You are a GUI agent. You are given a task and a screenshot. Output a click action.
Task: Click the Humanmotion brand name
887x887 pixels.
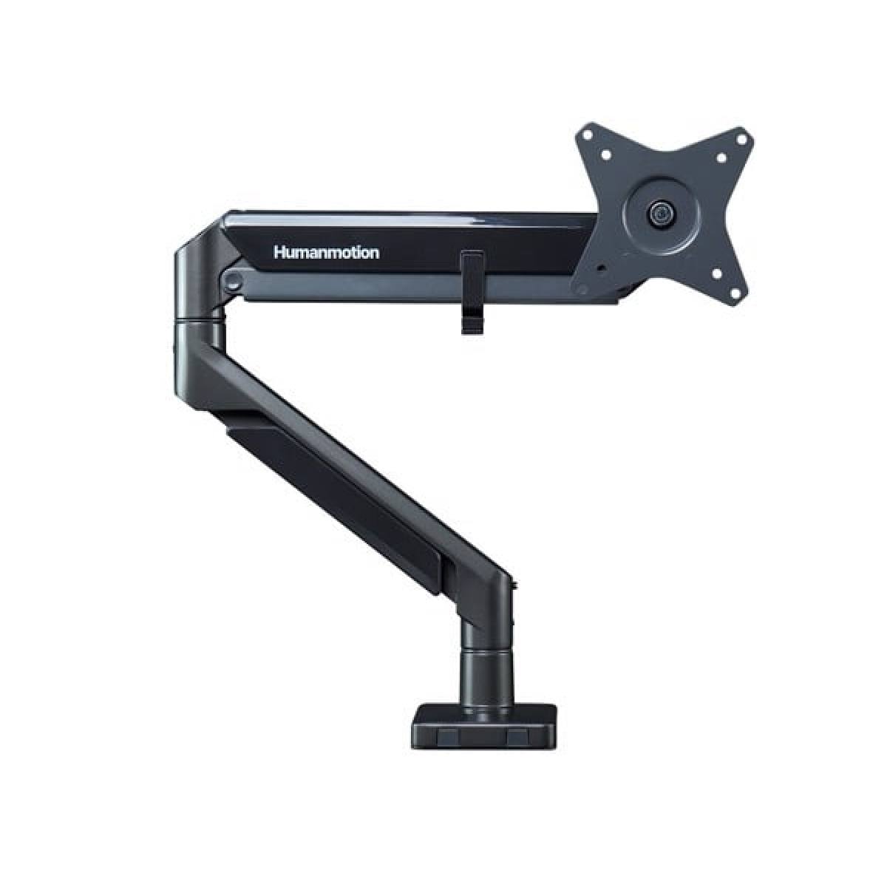click(x=326, y=253)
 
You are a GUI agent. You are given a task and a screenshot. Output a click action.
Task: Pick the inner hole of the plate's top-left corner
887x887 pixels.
click(x=607, y=156)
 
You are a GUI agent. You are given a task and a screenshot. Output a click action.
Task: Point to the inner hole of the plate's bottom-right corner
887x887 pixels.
click(x=716, y=274)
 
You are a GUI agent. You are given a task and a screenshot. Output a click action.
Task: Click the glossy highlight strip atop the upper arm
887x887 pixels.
click(x=414, y=215)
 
